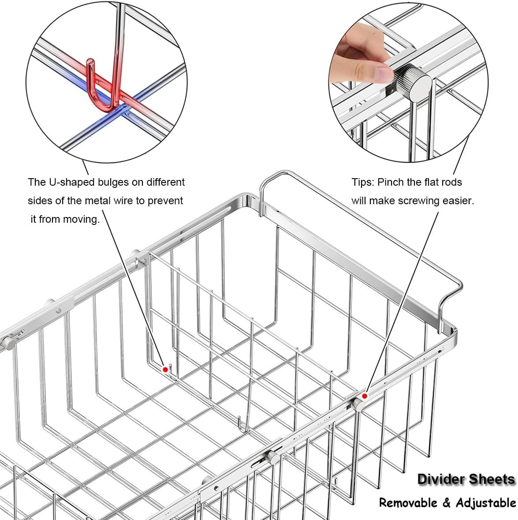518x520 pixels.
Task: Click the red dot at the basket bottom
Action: point(165,369)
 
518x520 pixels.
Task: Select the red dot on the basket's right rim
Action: point(365,396)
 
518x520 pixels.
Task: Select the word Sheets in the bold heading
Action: point(492,479)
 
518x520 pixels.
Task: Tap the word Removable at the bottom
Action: point(408,503)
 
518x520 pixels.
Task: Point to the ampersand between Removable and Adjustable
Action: point(447,503)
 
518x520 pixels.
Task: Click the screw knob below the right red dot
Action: point(358,404)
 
